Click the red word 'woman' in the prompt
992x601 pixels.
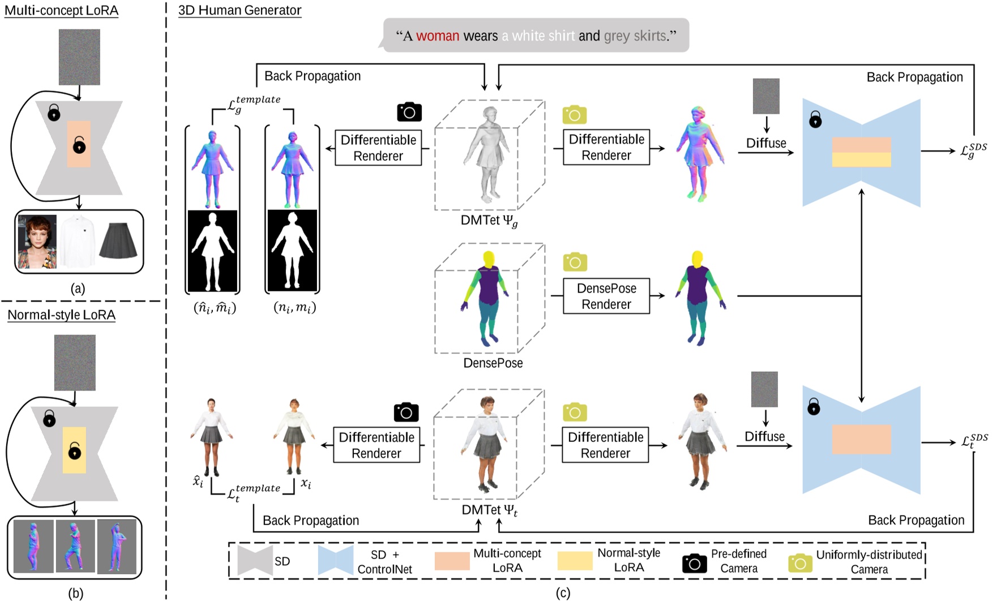tap(437, 36)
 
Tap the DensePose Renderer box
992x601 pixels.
tap(606, 296)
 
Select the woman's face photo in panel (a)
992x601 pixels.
tap(37, 241)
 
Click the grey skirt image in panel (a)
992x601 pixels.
tap(118, 241)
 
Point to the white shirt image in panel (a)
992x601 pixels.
tap(78, 241)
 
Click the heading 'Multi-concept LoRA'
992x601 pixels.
tap(61, 11)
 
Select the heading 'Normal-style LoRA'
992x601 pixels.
tap(61, 315)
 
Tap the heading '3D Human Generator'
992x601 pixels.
tap(240, 10)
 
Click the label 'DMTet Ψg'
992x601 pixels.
tap(489, 221)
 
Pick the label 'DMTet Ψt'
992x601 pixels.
tap(489, 510)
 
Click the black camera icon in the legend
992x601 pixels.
tap(694, 563)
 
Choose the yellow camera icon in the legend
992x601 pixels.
tap(799, 563)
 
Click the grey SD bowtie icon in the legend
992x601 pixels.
tap(255, 561)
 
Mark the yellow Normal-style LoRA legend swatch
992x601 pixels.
tap(575, 561)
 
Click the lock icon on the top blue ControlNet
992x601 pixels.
tap(815, 119)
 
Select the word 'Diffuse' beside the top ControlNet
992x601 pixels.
tap(766, 143)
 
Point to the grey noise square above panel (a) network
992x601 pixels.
tap(79, 57)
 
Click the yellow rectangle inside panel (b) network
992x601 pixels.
tap(74, 450)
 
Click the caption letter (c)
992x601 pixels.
tap(562, 593)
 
